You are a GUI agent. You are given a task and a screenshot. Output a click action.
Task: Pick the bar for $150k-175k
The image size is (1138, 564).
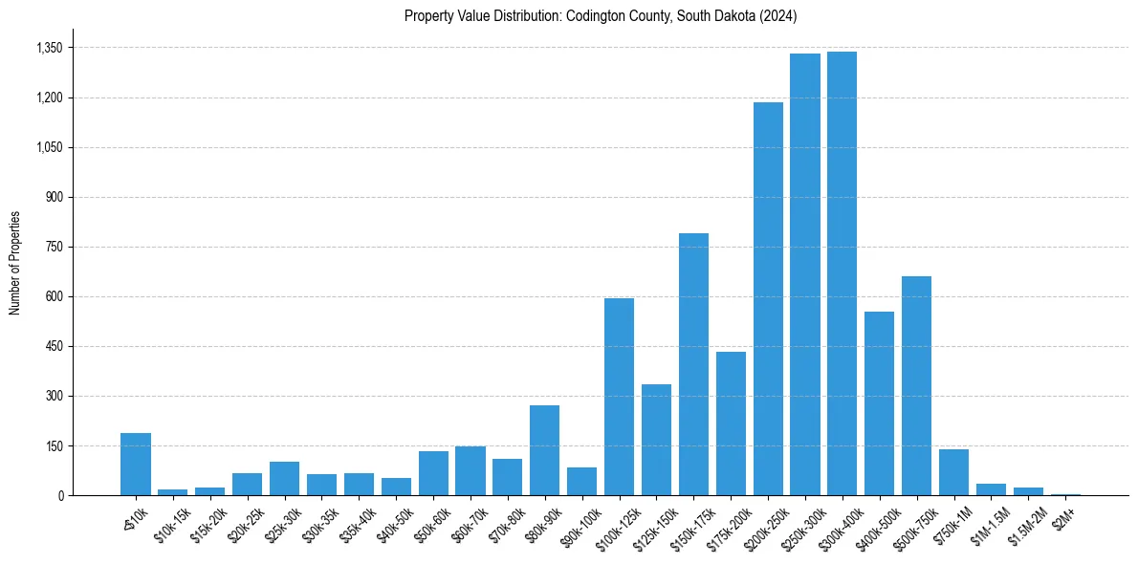tap(693, 364)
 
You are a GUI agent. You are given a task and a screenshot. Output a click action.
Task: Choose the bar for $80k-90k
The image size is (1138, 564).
tap(545, 450)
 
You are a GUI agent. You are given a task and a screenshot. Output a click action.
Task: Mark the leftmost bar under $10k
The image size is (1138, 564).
tap(136, 464)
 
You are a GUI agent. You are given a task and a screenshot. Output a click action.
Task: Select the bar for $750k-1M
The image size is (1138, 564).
tap(953, 472)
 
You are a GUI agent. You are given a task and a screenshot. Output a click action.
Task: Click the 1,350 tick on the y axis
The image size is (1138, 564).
tap(49, 48)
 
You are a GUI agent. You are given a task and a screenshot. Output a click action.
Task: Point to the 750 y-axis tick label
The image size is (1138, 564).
tap(54, 247)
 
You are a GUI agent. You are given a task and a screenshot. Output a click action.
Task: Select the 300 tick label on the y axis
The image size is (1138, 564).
tap(54, 396)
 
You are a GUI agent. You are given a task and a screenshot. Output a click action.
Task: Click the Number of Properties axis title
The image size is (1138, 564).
tap(15, 263)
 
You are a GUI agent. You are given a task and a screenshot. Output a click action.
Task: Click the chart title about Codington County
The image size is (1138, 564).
tap(601, 16)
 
